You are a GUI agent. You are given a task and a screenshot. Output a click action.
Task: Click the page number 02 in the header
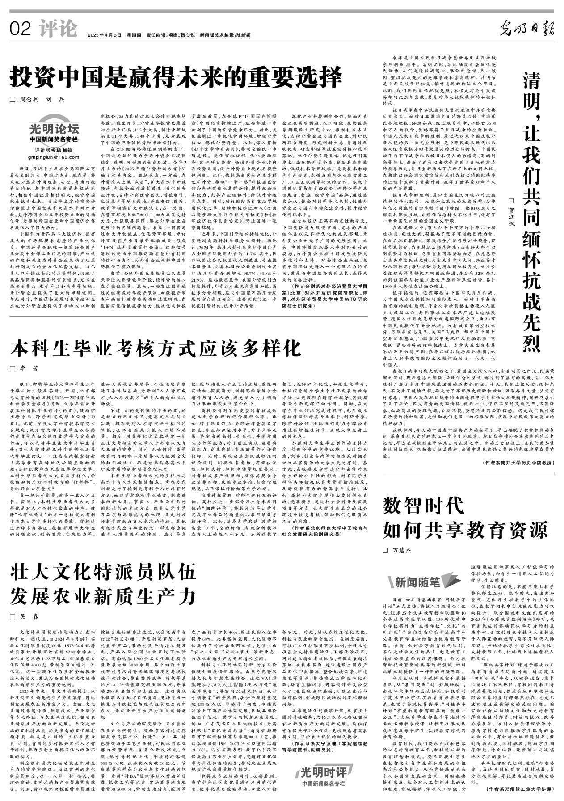[20, 30]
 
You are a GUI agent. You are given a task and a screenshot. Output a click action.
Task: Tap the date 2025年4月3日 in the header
[105, 35]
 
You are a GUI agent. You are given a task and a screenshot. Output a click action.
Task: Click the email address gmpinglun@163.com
[53, 157]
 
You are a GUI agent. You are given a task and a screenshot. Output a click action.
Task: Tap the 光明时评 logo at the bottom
[323, 783]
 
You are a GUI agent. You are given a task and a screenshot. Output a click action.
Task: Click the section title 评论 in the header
[58, 29]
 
